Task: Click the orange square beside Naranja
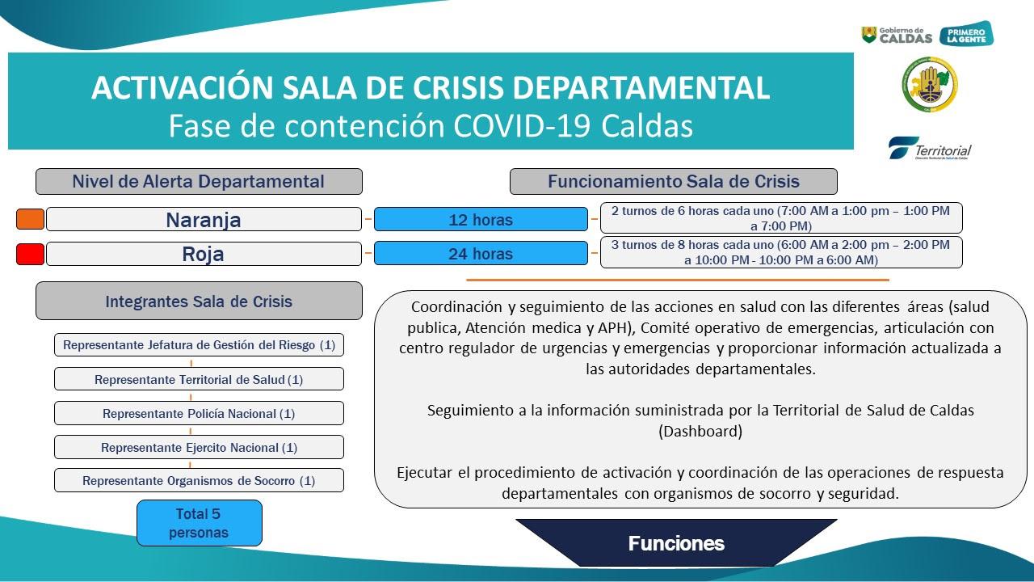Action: tap(30, 219)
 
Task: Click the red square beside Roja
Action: tap(30, 254)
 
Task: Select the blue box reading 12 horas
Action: tap(481, 220)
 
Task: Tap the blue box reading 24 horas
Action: tap(481, 254)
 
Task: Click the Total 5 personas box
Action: tap(199, 523)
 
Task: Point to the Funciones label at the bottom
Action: tap(676, 543)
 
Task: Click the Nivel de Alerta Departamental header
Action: tap(199, 181)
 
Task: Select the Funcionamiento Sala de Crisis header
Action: tap(673, 181)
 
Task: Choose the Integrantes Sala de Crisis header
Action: tap(199, 302)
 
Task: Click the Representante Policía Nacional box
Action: tap(199, 413)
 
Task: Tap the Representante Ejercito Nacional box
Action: tap(199, 447)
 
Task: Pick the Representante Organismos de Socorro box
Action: tap(199, 480)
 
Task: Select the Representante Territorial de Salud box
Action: tap(199, 379)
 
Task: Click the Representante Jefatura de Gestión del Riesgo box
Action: tap(199, 345)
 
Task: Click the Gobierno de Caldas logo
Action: tap(897, 35)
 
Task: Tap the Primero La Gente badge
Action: tap(966, 35)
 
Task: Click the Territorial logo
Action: tap(930, 149)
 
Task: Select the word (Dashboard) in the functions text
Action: tap(700, 431)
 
